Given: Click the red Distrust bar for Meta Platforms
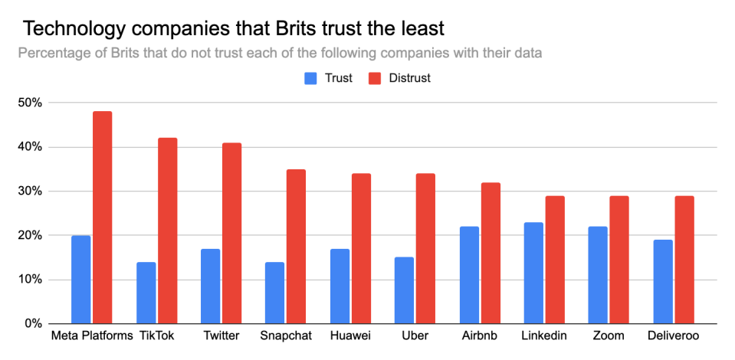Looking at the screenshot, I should [x=103, y=218].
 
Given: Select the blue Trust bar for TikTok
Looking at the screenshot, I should [x=146, y=293].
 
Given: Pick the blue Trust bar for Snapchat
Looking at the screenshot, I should [x=274, y=293].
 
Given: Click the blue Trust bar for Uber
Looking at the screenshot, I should [x=404, y=290].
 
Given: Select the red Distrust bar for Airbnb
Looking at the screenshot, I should [x=491, y=253].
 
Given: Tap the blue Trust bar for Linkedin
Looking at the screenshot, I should [x=533, y=273].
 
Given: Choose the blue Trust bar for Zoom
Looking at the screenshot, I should [x=598, y=275].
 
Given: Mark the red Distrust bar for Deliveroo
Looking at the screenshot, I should [x=684, y=260].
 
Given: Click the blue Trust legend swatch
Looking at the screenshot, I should [x=311, y=78].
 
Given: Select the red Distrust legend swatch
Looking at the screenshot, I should [x=376, y=78].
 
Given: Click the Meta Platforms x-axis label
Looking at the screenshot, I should [x=91, y=336].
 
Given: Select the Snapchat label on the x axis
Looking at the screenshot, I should [x=284, y=336].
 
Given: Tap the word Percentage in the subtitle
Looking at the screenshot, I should [x=54, y=54].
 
